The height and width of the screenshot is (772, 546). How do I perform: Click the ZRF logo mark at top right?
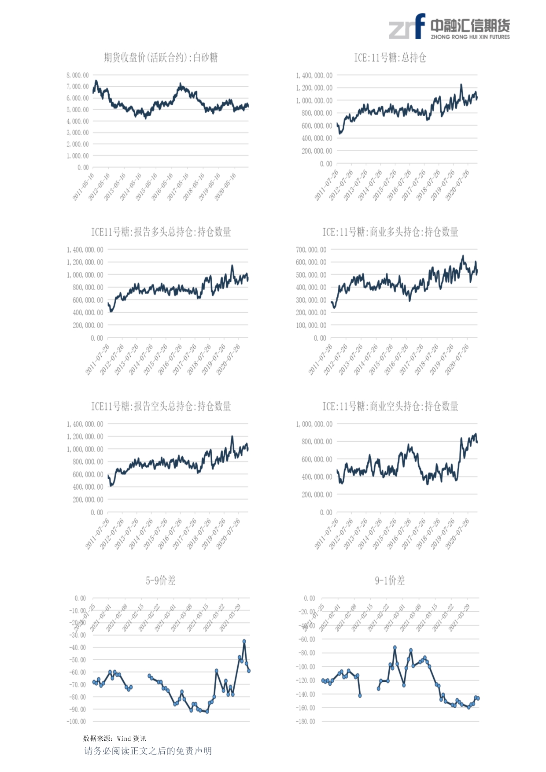406,27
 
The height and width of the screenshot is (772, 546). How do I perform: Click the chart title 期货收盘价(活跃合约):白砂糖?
161,58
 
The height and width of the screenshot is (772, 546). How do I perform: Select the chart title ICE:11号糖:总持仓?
390,58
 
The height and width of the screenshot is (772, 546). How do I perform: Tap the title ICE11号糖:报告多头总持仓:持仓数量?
161,232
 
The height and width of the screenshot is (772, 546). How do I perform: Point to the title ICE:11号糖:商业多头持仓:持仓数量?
390,232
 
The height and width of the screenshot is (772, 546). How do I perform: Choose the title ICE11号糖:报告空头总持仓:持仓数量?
161,406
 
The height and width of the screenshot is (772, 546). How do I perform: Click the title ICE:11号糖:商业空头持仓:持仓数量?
390,406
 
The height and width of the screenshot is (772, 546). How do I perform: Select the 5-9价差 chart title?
161,580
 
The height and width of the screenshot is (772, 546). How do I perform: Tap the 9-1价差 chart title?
390,580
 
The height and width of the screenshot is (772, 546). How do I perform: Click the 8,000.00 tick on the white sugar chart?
77,75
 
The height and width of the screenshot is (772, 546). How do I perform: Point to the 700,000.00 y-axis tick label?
311,250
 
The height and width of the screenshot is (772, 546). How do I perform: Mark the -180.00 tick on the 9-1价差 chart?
306,721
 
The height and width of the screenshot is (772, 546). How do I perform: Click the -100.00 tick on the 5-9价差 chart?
76,721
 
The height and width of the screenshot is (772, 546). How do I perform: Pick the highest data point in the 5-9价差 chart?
244,641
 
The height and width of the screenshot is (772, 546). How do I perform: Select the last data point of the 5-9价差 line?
249,671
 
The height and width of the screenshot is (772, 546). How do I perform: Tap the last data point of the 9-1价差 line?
478,698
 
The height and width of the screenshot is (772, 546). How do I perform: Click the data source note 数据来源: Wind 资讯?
115,739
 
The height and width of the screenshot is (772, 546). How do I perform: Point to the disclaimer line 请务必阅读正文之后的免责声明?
148,751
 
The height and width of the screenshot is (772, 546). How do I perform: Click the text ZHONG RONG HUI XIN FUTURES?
470,37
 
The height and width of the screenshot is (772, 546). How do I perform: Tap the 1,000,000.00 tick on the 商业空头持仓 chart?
314,424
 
